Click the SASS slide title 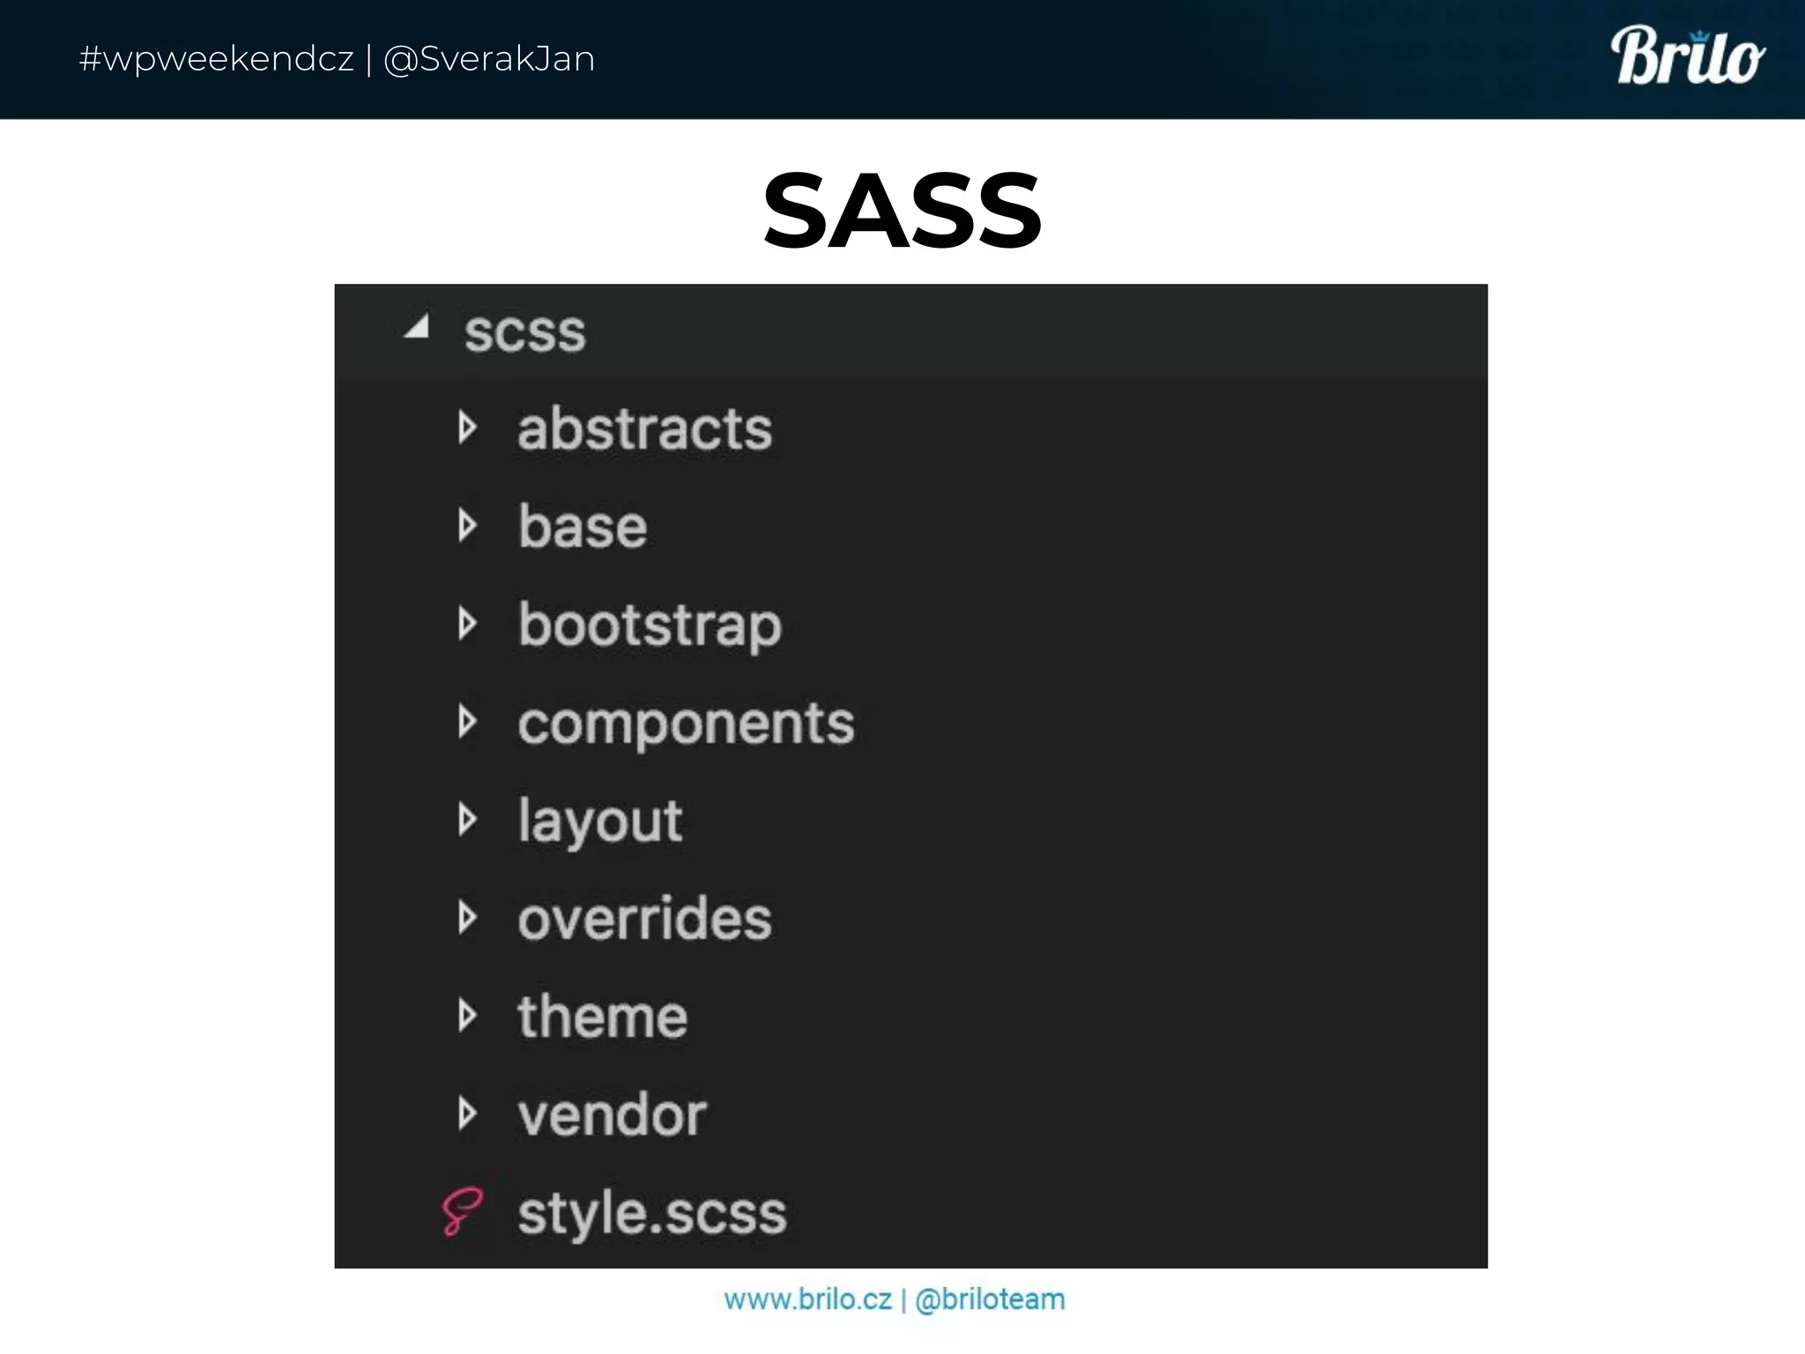(x=902, y=212)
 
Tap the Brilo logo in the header (x=1687, y=57)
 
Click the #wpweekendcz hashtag (x=216, y=59)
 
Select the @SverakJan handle (x=489, y=59)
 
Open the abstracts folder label (x=644, y=429)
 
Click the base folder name (x=583, y=527)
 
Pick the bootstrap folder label (x=650, y=626)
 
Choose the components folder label (x=686, y=724)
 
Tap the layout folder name (x=599, y=822)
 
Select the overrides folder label (x=644, y=919)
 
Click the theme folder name (x=602, y=1017)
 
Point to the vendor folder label (x=612, y=1115)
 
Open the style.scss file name (x=651, y=1213)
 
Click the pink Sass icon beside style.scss (x=462, y=1211)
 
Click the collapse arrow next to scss (x=418, y=328)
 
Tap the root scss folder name (x=524, y=333)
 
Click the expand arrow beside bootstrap (x=467, y=624)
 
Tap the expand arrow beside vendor (x=467, y=1114)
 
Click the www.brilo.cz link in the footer (x=807, y=1299)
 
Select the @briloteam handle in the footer (x=990, y=1299)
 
